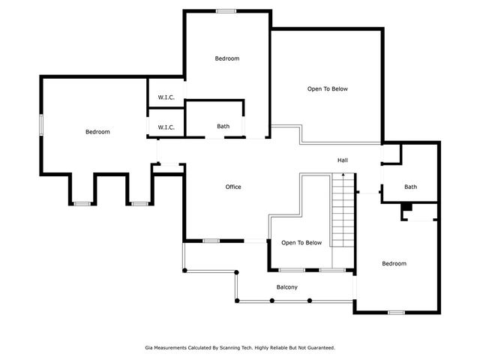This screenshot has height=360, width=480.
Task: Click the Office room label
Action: tap(233, 187)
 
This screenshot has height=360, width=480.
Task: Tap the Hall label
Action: tap(343, 160)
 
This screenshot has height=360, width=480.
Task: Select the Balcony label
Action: tap(286, 287)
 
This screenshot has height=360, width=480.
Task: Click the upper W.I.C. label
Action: tap(166, 97)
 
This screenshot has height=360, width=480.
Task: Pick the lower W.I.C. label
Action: tap(166, 127)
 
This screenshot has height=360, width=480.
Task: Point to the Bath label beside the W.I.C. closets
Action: tap(223, 126)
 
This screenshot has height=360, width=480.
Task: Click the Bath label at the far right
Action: tap(410, 187)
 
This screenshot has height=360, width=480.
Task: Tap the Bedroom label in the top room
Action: tap(227, 58)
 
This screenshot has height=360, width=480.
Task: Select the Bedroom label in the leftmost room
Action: tap(97, 132)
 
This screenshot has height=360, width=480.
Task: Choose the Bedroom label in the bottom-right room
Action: tap(394, 263)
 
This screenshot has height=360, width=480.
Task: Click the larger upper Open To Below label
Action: tap(328, 88)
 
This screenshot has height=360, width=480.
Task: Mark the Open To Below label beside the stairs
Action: tap(301, 243)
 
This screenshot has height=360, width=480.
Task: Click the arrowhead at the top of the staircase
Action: tap(343, 175)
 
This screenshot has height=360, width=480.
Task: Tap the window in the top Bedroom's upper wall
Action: tap(226, 11)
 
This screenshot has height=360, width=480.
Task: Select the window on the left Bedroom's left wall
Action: tap(41, 125)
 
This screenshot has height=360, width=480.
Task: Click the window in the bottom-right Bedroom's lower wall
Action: tap(397, 313)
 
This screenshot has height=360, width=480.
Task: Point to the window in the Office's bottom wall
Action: tap(211, 241)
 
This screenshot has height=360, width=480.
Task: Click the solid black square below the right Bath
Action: tap(406, 207)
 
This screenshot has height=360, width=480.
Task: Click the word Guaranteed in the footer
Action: tap(322, 348)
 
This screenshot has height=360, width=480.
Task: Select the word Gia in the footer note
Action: tap(148, 348)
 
